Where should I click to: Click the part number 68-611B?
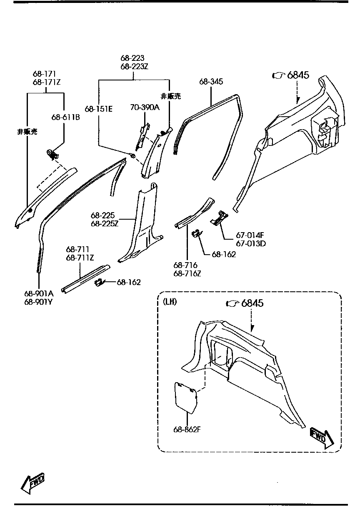[65, 118]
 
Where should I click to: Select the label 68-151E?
[98, 109]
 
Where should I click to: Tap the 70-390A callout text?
[145, 108]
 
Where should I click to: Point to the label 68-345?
[211, 82]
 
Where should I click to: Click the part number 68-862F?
[188, 429]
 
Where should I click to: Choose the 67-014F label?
[250, 235]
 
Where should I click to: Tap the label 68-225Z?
[105, 223]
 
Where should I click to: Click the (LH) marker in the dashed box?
[170, 302]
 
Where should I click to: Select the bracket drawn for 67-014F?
[219, 218]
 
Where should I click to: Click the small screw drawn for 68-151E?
[132, 155]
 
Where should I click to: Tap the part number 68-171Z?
[47, 82]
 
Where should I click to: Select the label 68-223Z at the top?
[134, 66]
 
